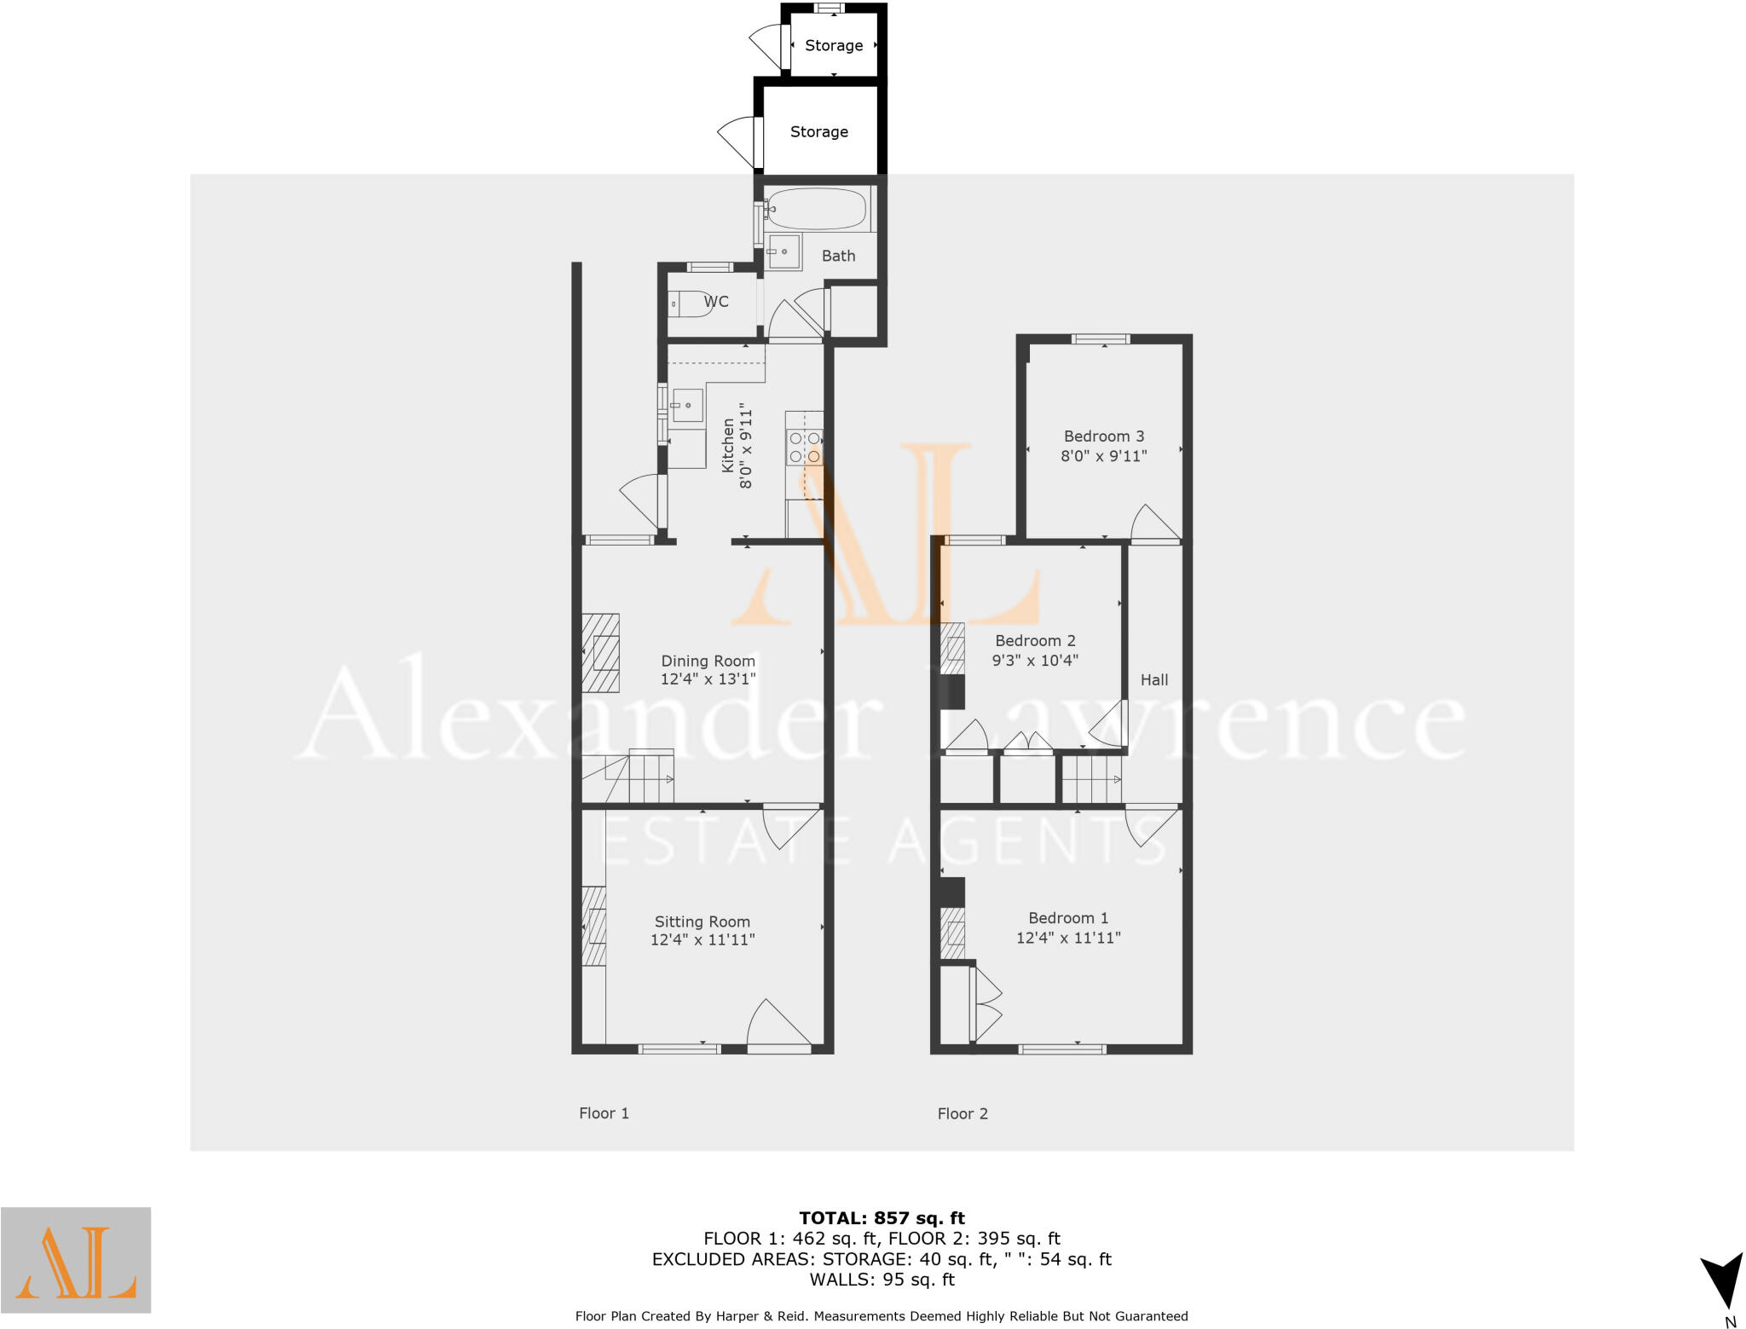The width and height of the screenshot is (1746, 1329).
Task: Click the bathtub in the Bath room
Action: (x=817, y=208)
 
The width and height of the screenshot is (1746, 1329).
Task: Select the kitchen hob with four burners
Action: (x=804, y=448)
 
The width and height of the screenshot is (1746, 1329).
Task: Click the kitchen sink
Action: (x=685, y=405)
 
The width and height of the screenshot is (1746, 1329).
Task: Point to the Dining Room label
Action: (x=708, y=661)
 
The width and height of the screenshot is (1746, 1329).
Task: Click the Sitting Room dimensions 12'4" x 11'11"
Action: (x=702, y=939)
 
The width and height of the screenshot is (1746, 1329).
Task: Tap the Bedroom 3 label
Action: (x=1103, y=436)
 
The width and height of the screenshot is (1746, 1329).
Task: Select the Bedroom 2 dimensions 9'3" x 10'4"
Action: (x=1035, y=660)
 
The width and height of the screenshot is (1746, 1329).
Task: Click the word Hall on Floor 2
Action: (x=1154, y=679)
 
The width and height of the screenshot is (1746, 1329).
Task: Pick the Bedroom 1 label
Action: (x=1067, y=918)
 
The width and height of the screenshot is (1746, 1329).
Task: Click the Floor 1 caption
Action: (x=604, y=1113)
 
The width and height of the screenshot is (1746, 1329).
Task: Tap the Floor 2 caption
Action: (x=963, y=1113)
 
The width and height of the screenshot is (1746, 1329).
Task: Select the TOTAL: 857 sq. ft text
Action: (x=882, y=1218)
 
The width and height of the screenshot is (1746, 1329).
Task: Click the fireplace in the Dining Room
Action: (x=601, y=653)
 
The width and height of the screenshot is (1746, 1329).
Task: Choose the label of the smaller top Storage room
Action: (x=834, y=45)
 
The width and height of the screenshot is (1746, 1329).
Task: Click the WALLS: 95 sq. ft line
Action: (x=882, y=1280)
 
